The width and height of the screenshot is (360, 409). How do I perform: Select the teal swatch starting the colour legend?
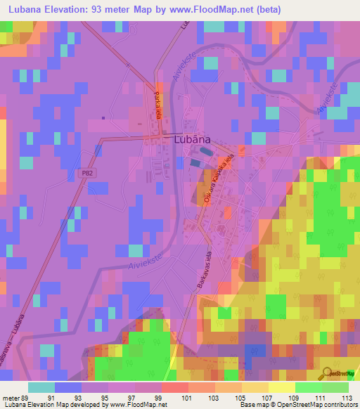pyautogui.click(x=41, y=387)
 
